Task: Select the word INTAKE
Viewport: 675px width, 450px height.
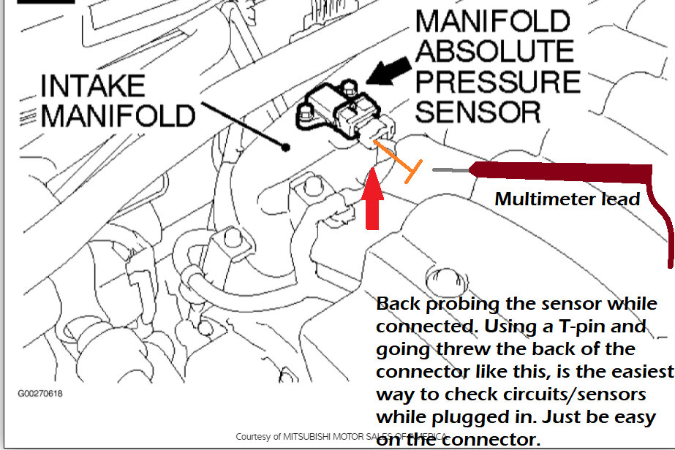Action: (93, 86)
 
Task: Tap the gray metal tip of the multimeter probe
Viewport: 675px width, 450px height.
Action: (450, 170)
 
